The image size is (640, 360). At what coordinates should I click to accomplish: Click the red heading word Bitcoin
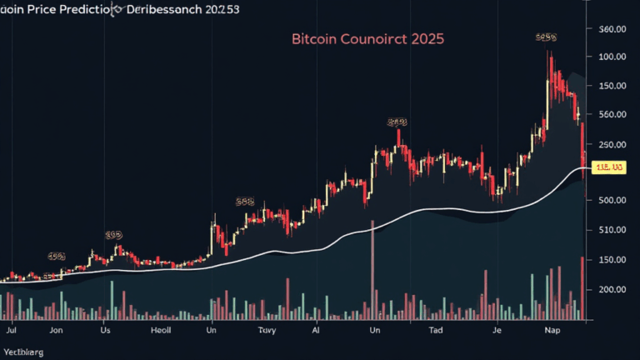click(x=312, y=39)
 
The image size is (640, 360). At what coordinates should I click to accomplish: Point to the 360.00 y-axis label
click(x=612, y=29)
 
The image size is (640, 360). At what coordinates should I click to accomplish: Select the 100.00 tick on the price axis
click(x=612, y=57)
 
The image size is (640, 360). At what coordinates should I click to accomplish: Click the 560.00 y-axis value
click(x=612, y=115)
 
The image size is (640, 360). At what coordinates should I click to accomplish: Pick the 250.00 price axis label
click(x=612, y=145)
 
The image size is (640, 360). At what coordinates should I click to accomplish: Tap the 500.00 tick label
click(x=612, y=200)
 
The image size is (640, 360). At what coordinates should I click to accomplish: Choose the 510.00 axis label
click(x=612, y=230)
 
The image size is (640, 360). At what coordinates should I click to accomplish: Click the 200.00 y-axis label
click(x=612, y=289)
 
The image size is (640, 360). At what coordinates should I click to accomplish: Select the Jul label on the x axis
click(x=12, y=331)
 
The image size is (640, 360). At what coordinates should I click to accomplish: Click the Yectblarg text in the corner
click(x=23, y=352)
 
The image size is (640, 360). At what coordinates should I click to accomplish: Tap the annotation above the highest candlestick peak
click(x=546, y=37)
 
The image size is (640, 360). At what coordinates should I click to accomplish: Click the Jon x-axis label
click(x=56, y=331)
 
